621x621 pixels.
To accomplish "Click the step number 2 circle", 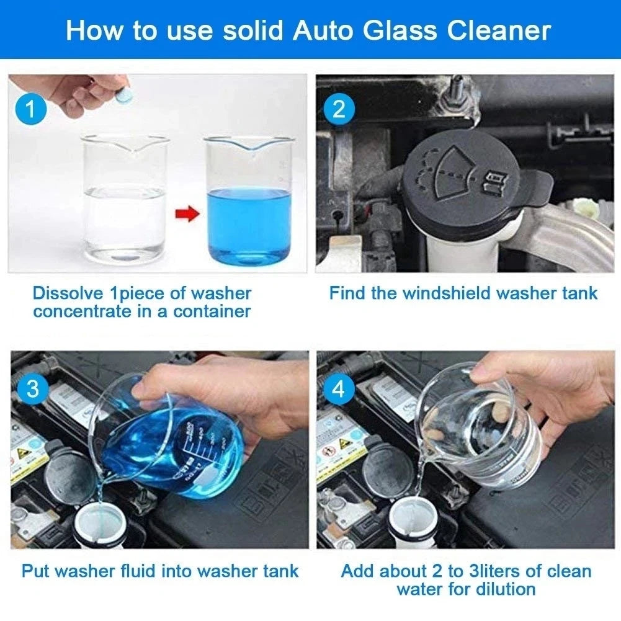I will pos(339,110).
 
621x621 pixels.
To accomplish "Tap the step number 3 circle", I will pos(33,389).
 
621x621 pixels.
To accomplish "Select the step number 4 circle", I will pos(339,390).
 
